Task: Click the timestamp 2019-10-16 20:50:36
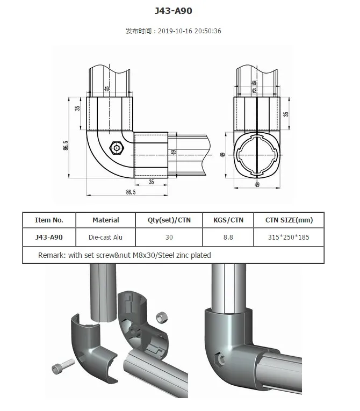[190, 31]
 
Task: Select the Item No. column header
[49, 220]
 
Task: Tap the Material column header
[105, 220]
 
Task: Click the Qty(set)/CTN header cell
[169, 220]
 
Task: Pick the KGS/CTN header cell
[228, 220]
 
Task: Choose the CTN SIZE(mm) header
[289, 220]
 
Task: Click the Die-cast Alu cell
[105, 237]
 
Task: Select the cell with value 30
[169, 237]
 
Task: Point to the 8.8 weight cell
[228, 237]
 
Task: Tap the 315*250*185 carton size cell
[289, 237]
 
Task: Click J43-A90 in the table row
[49, 237]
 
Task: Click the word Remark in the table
[51, 255]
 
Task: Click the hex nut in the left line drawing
[116, 147]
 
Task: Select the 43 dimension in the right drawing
[254, 90]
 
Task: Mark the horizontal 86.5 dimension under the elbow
[130, 191]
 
